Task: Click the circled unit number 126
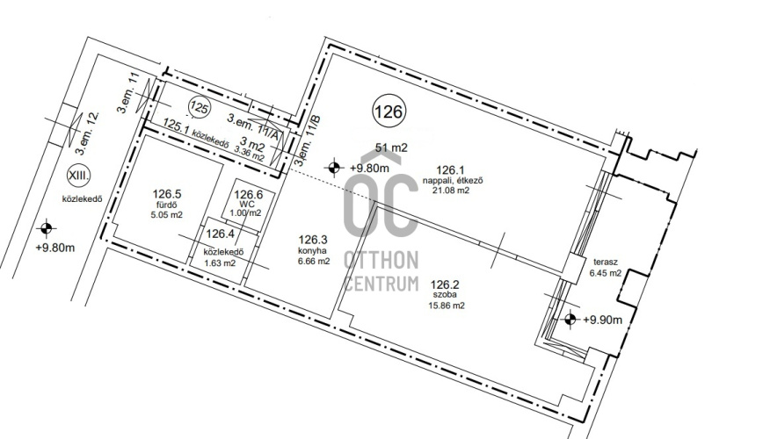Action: [389, 112]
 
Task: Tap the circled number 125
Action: [199, 108]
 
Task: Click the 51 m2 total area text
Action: [391, 148]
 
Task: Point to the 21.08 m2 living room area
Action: [451, 191]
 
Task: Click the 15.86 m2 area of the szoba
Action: [446, 306]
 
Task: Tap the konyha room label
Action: [312, 251]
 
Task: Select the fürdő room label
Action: [167, 205]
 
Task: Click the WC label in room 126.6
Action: [248, 205]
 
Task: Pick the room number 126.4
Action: [220, 234]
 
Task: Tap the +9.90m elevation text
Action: [602, 320]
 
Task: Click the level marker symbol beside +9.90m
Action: [570, 320]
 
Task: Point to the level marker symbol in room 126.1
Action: [334, 169]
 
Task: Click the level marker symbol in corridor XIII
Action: [47, 227]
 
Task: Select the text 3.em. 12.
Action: [85, 132]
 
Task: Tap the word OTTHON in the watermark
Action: [381, 261]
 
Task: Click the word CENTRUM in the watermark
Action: [381, 283]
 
